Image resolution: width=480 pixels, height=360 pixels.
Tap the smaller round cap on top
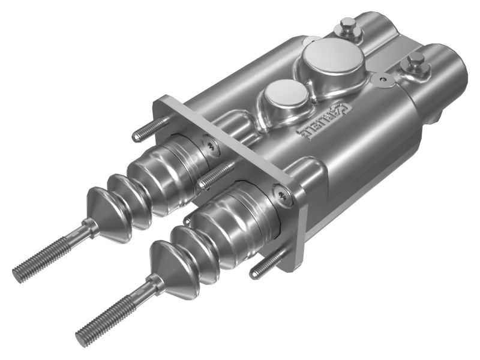[285, 95]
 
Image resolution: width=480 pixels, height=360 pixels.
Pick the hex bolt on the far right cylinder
[416, 61]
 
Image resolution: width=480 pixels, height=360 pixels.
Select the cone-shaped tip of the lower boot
[167, 264]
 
